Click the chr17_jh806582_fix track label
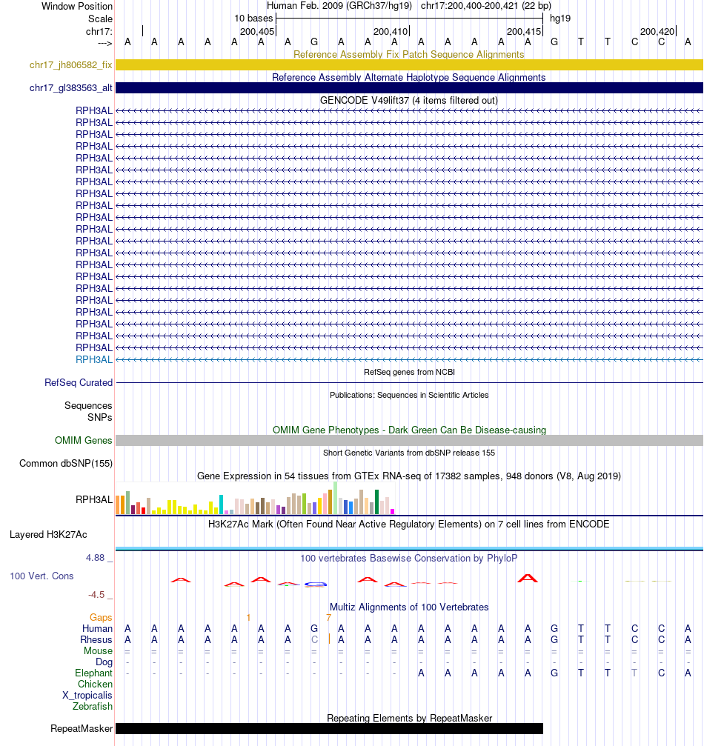pyautogui.click(x=71, y=65)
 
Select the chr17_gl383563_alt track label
pyautogui.click(x=71, y=88)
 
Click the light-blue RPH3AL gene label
pyautogui.click(x=94, y=359)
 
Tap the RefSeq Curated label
pyautogui.click(x=79, y=383)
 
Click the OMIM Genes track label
pyautogui.click(x=84, y=441)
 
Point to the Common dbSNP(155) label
pyautogui.click(x=66, y=464)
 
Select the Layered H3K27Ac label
pyautogui.click(x=48, y=534)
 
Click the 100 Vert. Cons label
pyautogui.click(x=41, y=576)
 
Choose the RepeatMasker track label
pyautogui.click(x=82, y=729)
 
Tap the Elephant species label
pyautogui.click(x=93, y=673)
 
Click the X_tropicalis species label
pyautogui.click(x=87, y=696)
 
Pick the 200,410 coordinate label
pyautogui.click(x=391, y=32)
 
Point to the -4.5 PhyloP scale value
pyautogui.click(x=99, y=594)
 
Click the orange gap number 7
pyautogui.click(x=328, y=617)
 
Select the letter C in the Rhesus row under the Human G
pyautogui.click(x=314, y=639)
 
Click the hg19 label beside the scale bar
pyautogui.click(x=559, y=19)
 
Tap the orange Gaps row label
pyautogui.click(x=101, y=617)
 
